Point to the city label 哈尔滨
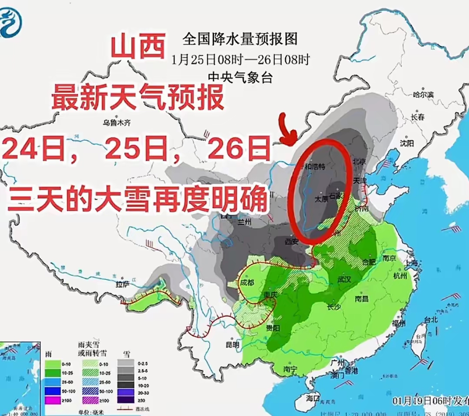tap(424, 94)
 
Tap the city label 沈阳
tap(407, 142)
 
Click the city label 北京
tap(360, 161)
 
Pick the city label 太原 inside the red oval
tap(321, 200)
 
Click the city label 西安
tap(291, 241)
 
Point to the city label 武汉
tap(343, 279)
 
